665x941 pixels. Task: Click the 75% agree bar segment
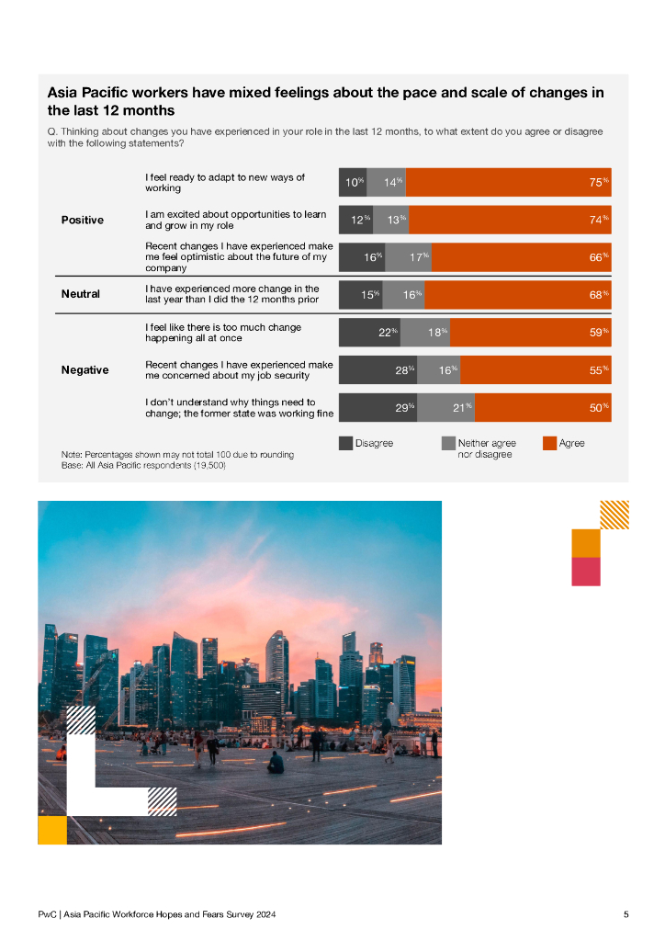coord(508,183)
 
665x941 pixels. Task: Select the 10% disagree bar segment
coord(353,183)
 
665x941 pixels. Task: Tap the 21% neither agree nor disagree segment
coord(445,407)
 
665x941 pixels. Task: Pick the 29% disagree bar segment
coord(378,407)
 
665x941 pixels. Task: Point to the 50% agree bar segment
coord(543,407)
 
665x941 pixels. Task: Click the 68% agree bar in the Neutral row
coord(518,295)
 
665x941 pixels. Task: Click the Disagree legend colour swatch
coord(345,444)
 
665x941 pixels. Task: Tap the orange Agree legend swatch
coord(549,444)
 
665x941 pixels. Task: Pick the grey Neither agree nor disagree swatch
coord(448,444)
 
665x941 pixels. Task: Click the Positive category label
coord(82,221)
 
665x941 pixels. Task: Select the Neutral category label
coord(80,295)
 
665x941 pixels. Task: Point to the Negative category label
coord(85,370)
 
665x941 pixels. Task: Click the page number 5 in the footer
coord(626,915)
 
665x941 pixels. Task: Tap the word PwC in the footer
coord(47,915)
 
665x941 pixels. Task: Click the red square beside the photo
coord(586,571)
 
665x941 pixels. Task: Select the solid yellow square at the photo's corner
coord(52,830)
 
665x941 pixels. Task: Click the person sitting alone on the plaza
coord(276,763)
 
